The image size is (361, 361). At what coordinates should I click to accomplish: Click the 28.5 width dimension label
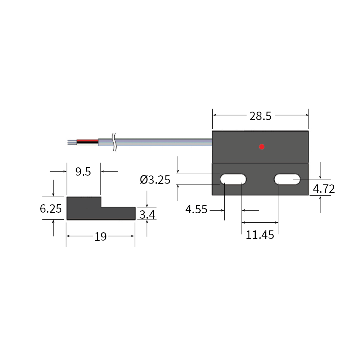[260, 116]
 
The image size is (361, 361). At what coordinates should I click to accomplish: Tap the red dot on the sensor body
[262, 147]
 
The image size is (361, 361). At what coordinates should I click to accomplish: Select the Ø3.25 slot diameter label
[155, 180]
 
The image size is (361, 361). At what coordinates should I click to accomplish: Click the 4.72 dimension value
[324, 189]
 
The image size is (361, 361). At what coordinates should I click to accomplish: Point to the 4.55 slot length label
[196, 209]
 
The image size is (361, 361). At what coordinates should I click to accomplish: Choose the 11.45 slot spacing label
[260, 235]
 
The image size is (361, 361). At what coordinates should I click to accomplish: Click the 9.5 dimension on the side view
[83, 171]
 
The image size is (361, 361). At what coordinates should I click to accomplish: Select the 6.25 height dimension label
[51, 208]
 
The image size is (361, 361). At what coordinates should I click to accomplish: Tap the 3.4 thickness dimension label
[147, 214]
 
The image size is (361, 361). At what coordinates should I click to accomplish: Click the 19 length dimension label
[100, 237]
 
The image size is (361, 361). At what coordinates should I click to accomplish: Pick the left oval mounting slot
[233, 179]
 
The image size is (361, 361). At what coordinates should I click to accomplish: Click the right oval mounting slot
[287, 179]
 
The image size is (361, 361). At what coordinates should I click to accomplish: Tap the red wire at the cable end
[87, 140]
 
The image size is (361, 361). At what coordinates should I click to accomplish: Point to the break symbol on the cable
[114, 142]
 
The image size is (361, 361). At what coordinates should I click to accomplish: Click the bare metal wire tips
[72, 142]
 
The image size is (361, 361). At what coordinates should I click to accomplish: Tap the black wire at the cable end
[87, 142]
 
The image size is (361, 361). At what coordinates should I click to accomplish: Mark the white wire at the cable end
[87, 144]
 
